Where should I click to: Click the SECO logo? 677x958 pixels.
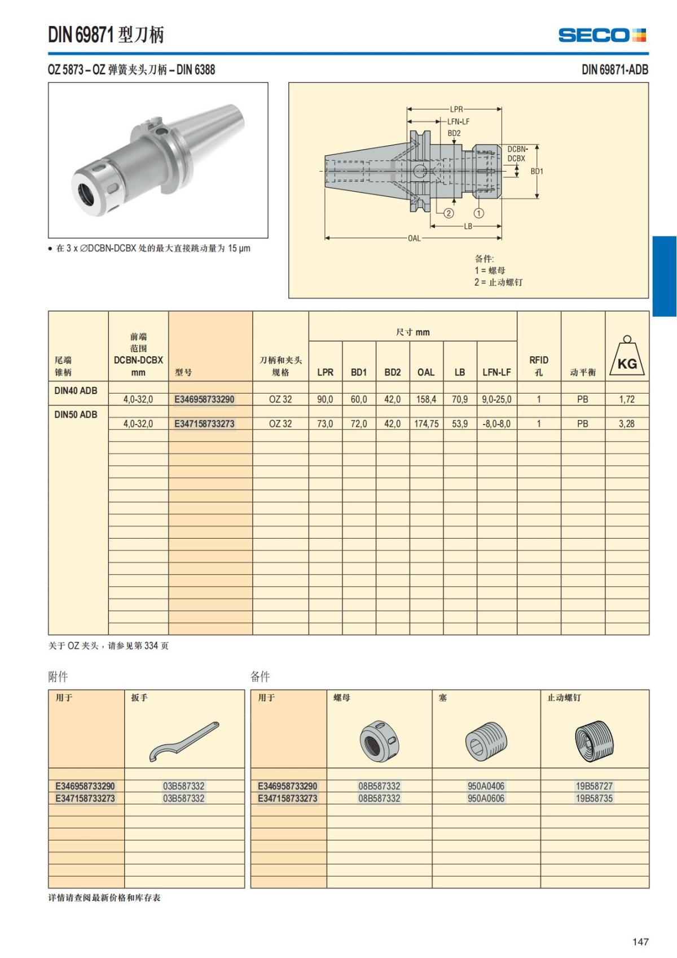point(602,35)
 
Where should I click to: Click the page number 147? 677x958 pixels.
point(640,942)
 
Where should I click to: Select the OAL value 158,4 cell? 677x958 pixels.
point(426,399)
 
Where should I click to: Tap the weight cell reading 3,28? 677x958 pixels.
point(626,423)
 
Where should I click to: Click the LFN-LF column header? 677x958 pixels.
point(496,372)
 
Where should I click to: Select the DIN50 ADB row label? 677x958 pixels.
point(76,414)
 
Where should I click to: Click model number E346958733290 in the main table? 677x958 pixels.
point(204,399)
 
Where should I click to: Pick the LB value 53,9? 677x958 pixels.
point(460,423)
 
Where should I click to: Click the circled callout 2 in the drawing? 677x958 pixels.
point(449,213)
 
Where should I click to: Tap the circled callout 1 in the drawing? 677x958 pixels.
point(478,213)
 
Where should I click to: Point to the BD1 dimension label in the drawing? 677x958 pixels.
point(537,171)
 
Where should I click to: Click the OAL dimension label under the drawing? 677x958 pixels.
point(414,238)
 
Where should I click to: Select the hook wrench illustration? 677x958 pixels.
point(184,741)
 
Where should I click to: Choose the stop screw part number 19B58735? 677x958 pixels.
point(594,798)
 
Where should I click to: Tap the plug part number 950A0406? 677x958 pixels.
point(486,786)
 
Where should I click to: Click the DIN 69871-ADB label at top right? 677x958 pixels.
point(614,69)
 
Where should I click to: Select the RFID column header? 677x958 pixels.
point(538,365)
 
